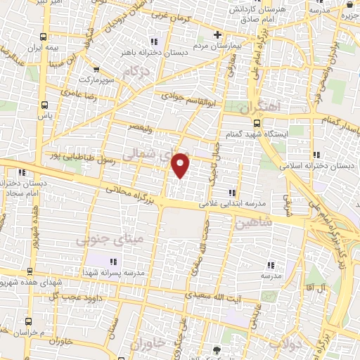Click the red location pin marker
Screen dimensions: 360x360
(x=181, y=165)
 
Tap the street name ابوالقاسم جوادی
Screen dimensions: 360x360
(x=190, y=101)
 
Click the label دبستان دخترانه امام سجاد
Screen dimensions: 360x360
(x=25, y=187)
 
